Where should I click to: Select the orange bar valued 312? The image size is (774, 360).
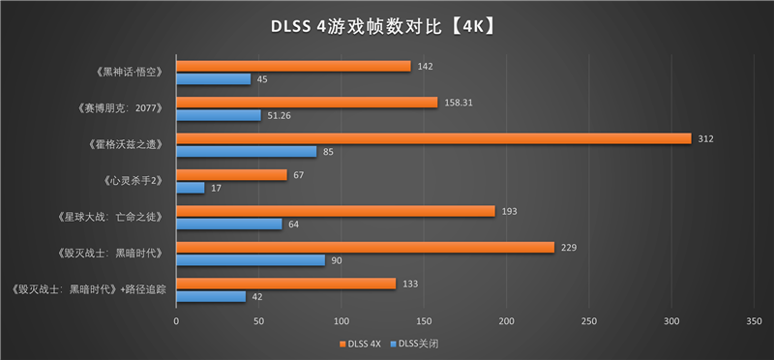coord(433,138)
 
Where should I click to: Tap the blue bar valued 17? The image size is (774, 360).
coord(191,188)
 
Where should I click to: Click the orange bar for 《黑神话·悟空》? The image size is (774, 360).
coord(293,66)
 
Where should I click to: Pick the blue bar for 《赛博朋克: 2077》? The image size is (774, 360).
coord(219,115)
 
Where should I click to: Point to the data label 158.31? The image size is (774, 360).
coord(461,102)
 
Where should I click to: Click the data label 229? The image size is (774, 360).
coord(568,247)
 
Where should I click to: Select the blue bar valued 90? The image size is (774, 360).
coord(251,260)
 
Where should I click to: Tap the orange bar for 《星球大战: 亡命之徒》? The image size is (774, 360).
coord(336,211)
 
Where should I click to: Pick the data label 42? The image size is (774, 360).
coord(256,297)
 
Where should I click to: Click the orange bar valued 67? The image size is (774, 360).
coord(231,175)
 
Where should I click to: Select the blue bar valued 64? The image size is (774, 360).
coord(229,224)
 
